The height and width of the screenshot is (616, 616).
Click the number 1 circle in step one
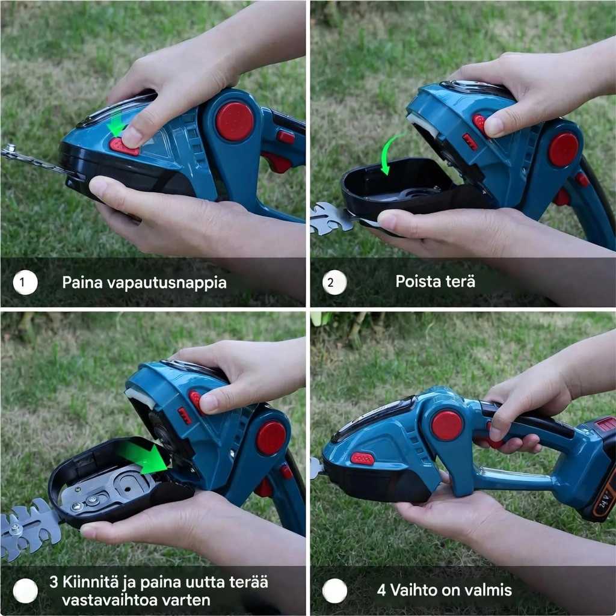tap(25, 282)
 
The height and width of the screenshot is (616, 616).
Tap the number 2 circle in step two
tap(334, 282)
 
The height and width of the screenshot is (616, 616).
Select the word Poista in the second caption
tap(415, 282)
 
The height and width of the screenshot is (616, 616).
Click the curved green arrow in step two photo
tap(390, 151)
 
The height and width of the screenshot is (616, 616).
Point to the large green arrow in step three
tap(144, 457)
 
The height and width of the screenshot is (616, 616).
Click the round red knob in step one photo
tap(235, 122)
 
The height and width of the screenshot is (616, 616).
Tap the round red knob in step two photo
tap(563, 150)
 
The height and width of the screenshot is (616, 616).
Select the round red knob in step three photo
tap(271, 438)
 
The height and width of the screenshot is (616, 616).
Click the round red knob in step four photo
tap(447, 425)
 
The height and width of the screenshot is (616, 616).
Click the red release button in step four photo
tap(362, 458)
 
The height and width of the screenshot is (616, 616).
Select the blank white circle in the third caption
tap(25, 591)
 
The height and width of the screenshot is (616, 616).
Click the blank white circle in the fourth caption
tap(334, 591)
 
